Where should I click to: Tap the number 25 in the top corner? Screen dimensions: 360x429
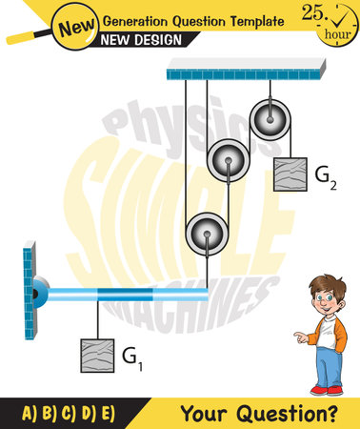tap(313, 12)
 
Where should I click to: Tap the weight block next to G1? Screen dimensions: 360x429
tap(97, 356)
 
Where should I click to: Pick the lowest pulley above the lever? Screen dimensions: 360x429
tap(205, 233)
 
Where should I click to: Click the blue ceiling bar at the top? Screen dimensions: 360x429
tap(244, 69)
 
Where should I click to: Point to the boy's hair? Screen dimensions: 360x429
tap(326, 287)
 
